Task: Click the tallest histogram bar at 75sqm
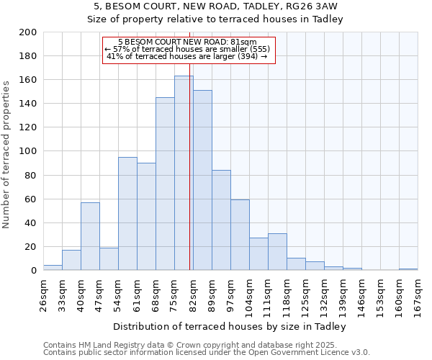coord(184,173)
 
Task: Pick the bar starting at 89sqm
coord(221,220)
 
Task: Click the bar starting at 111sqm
coord(277,252)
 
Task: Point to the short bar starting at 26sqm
coord(53,268)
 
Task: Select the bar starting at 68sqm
coord(165,184)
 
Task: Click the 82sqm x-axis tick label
coord(193,294)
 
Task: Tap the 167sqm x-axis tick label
coord(418,294)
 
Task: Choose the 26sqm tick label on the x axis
coord(43,294)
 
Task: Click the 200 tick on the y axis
coord(28,32)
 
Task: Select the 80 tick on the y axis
coord(31,175)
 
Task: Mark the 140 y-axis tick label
coord(28,104)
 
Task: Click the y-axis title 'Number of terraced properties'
coord(7,154)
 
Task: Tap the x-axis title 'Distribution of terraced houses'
coord(230,326)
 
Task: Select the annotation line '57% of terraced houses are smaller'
coord(187,49)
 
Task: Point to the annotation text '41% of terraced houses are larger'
coord(187,56)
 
